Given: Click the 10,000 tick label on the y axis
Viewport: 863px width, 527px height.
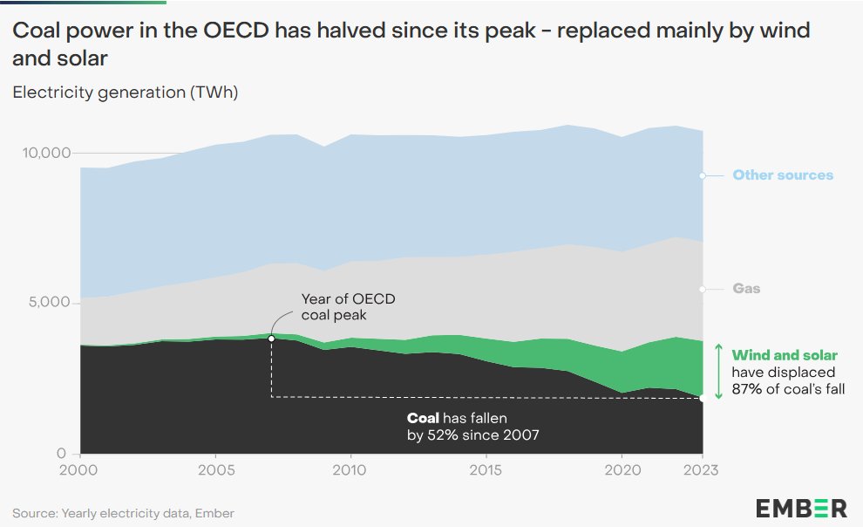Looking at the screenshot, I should point(44,153).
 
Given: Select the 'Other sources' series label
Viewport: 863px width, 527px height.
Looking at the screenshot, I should point(782,175).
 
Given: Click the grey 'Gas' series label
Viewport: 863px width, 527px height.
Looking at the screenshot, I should point(746,289).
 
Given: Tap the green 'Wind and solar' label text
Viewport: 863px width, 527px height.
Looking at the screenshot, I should point(785,355).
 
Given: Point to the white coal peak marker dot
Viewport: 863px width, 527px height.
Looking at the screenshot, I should point(271,339).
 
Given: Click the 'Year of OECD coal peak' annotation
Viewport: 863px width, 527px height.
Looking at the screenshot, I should point(348,307).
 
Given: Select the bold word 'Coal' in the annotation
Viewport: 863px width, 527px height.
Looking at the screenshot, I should point(424,418).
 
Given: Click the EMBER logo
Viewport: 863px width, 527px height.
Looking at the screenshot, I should point(801,508).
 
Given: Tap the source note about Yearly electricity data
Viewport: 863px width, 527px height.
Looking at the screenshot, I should point(123,513).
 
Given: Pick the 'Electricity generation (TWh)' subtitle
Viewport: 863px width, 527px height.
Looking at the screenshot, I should point(125,92).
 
